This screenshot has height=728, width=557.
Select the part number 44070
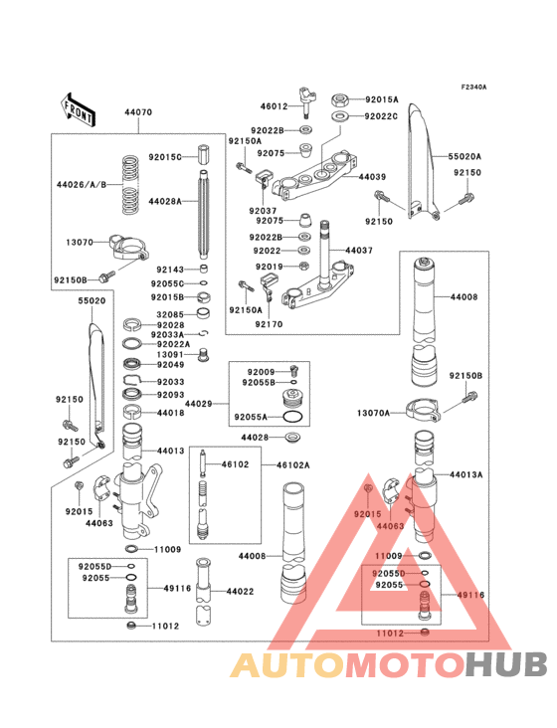point(138,113)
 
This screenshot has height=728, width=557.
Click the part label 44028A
point(165,201)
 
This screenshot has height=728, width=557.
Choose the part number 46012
point(274,105)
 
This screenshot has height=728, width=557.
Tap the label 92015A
point(381,99)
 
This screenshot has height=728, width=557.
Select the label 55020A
point(464,156)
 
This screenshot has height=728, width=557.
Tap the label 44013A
point(465,475)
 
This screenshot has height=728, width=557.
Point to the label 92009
point(258,372)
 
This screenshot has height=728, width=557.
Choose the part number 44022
point(242,592)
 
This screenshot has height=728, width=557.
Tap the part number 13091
point(168,354)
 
